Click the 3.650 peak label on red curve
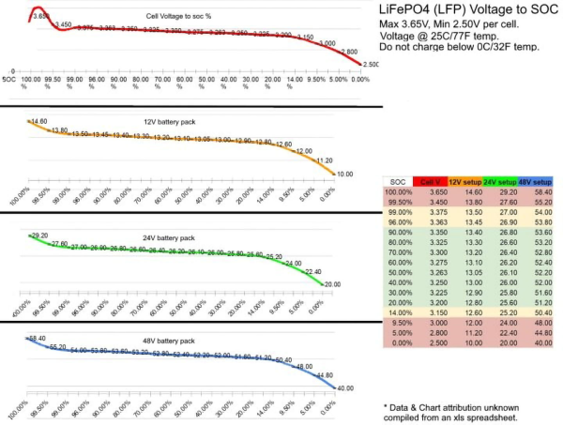pyautogui.click(x=39, y=15)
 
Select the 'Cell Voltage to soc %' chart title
pyautogui.click(x=179, y=16)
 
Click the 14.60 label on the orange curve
pyautogui.click(x=38, y=121)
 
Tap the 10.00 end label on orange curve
pyautogui.click(x=345, y=174)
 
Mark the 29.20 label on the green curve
pyautogui.click(x=38, y=235)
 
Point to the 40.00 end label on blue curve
pyautogui.click(x=345, y=387)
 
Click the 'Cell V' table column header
pyautogui.click(x=430, y=181)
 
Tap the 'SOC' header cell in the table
pyautogui.click(x=399, y=181)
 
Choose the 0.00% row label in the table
pyautogui.click(x=399, y=342)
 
